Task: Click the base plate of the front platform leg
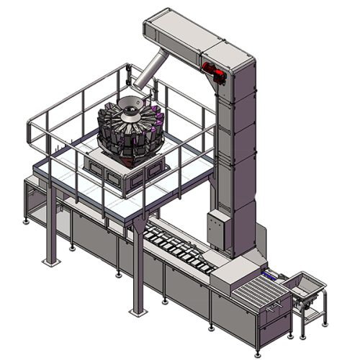[136, 311]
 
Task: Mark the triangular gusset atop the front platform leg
[137, 229]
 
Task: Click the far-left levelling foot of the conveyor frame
[27, 221]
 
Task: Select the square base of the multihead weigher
[126, 174]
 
